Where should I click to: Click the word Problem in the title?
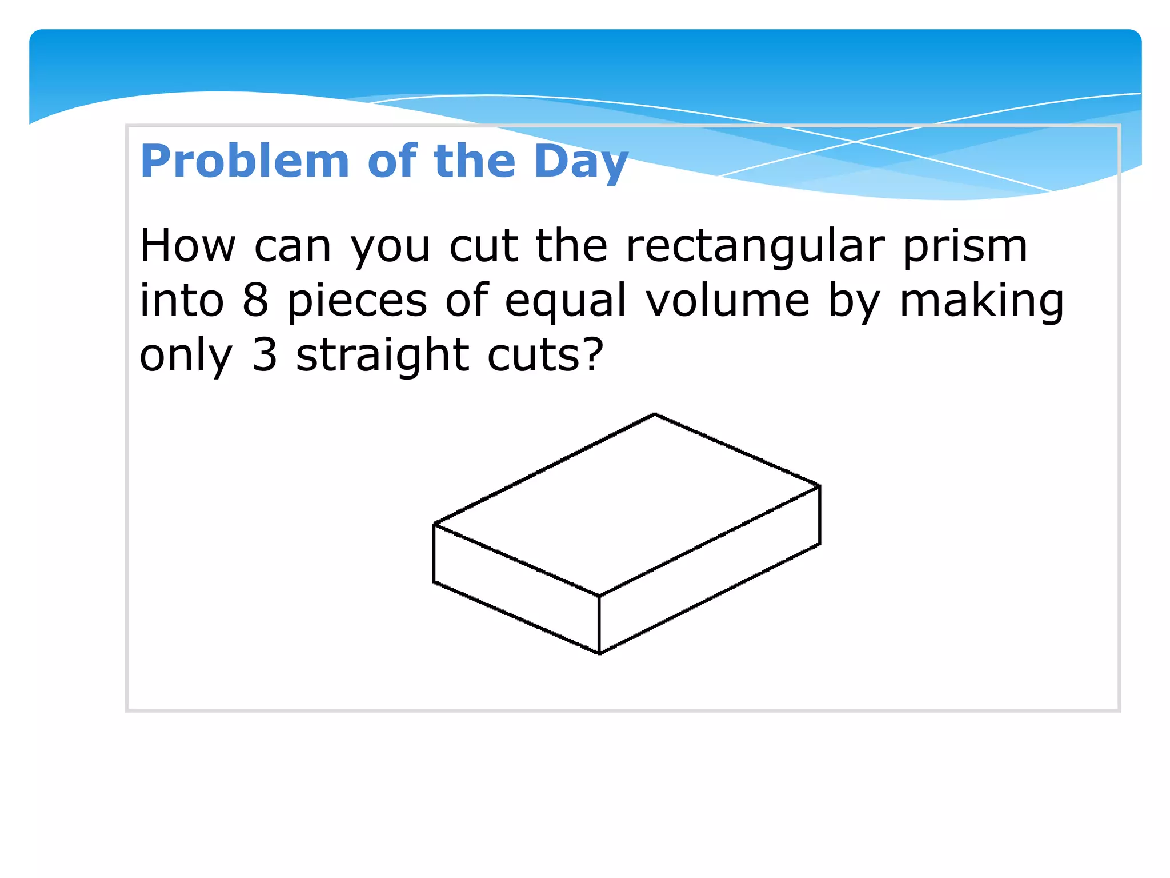245,162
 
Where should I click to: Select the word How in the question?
187,246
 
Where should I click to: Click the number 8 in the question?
255,301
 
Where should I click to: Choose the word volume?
728,301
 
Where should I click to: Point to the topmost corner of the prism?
654,414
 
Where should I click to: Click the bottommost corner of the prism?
599,653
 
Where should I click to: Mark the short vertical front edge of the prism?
599,625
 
